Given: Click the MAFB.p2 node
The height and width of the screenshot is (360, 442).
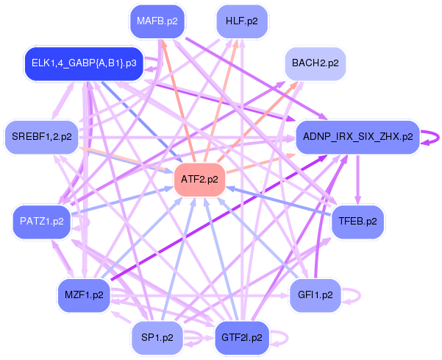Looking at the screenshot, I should coord(159,21).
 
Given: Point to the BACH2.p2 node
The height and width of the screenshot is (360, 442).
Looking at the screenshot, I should coord(315,63).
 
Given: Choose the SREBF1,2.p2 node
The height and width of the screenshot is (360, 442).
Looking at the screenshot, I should coord(42,136).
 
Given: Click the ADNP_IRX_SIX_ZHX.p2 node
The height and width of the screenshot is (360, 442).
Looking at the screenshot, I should coord(357,136).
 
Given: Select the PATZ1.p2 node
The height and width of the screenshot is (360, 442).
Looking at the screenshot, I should coord(42,220).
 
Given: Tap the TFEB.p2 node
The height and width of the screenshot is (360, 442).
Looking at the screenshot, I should coord(357,220).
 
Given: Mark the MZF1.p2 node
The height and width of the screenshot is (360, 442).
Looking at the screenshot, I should coord(83,295).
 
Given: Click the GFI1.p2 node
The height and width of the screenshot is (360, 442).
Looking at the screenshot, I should coord(316,295).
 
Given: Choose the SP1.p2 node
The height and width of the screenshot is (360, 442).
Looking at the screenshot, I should coord(157,338).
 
